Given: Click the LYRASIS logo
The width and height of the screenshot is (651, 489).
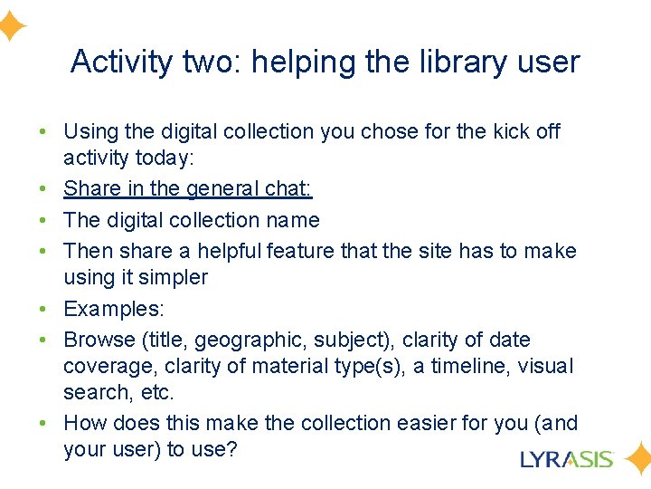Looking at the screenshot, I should [x=567, y=459].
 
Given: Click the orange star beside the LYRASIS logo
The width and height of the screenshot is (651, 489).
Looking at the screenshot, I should [x=637, y=459].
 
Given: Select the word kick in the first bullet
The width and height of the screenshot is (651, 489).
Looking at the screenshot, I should [x=513, y=132].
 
